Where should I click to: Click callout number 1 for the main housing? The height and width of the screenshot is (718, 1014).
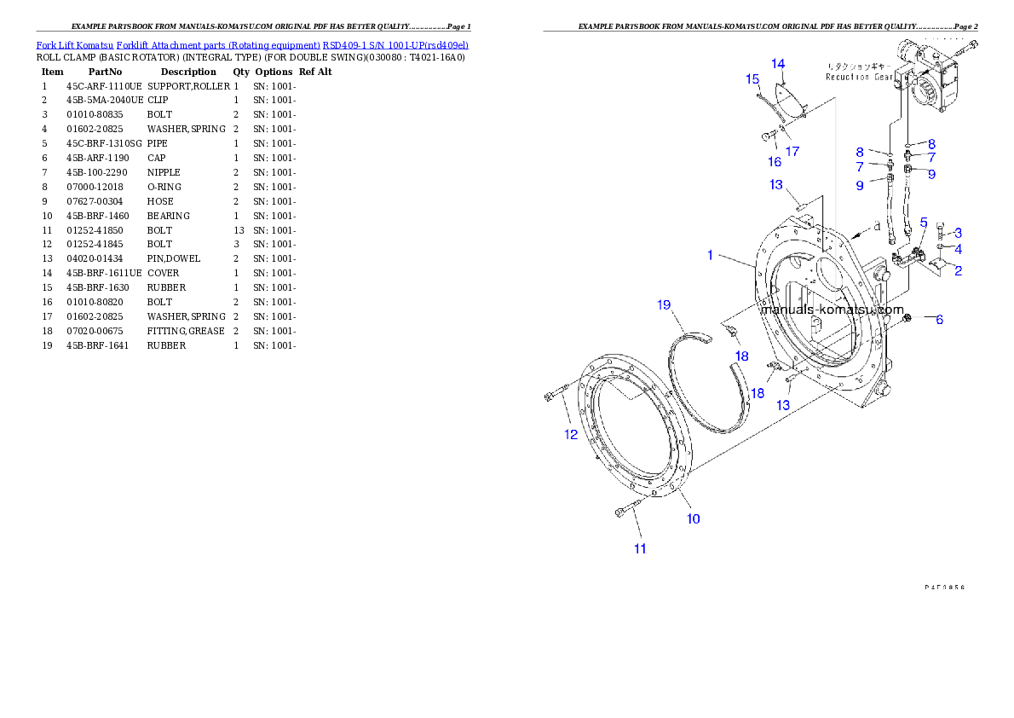click(710, 255)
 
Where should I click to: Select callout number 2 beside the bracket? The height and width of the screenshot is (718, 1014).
click(959, 271)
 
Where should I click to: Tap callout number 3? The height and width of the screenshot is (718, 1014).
click(959, 232)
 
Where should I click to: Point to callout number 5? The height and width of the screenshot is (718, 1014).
click(924, 222)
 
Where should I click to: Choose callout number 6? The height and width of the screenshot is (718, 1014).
click(939, 320)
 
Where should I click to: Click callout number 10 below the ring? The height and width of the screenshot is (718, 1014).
click(694, 518)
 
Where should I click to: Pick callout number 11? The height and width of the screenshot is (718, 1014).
click(639, 549)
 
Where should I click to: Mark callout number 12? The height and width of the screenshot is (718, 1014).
click(570, 434)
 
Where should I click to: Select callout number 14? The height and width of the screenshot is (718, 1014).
click(778, 64)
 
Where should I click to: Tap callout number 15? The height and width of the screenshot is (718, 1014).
click(752, 79)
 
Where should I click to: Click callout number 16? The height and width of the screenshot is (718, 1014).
click(775, 161)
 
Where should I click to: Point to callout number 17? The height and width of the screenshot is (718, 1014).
click(792, 152)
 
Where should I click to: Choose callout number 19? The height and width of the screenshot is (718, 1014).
click(665, 304)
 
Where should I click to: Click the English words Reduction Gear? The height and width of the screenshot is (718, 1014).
click(859, 77)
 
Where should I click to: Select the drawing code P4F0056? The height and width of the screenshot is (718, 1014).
click(949, 587)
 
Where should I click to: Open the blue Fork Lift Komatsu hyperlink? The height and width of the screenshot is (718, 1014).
click(252, 44)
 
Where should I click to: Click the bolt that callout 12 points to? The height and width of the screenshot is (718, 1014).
click(554, 396)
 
